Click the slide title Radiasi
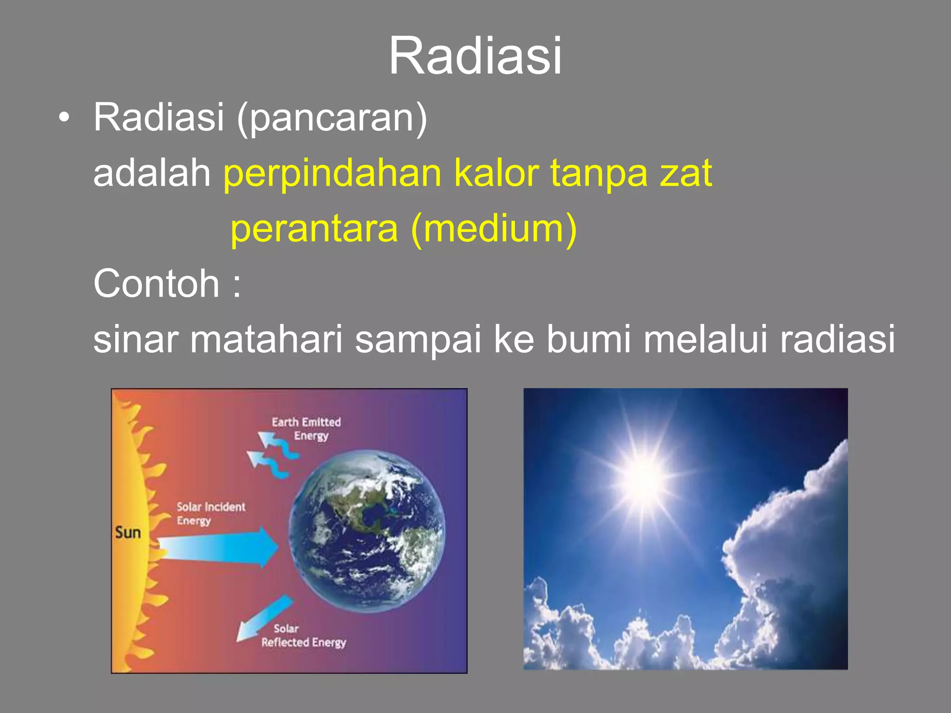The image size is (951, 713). pyautogui.click(x=475, y=56)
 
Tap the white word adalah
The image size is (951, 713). pyautogui.click(x=152, y=173)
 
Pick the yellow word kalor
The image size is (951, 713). pyautogui.click(x=496, y=173)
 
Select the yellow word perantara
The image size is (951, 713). pyautogui.click(x=314, y=229)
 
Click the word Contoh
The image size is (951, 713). pyautogui.click(x=156, y=284)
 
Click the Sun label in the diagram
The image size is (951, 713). pyautogui.click(x=128, y=532)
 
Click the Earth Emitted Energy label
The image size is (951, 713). pyautogui.click(x=307, y=428)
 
